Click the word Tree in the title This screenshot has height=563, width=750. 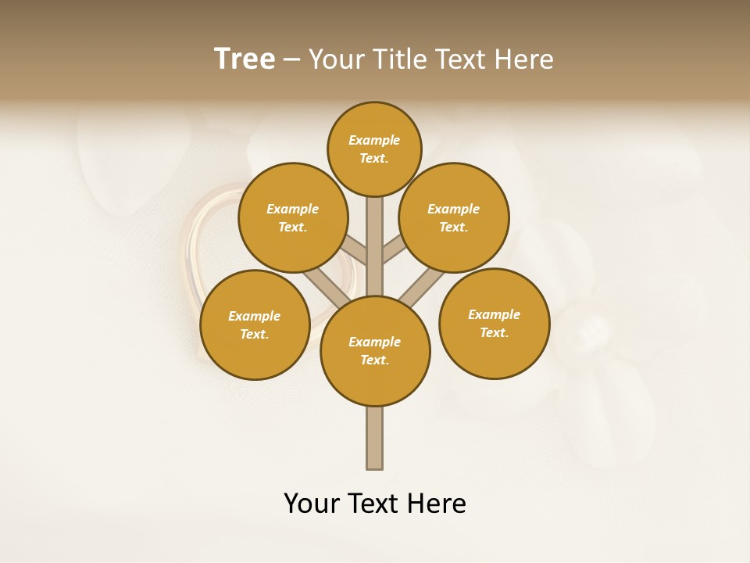click(245, 59)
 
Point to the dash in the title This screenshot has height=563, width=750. click(291, 60)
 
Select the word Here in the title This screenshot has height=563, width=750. click(524, 59)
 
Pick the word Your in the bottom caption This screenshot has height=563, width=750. click(312, 504)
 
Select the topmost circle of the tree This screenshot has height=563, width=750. click(374, 149)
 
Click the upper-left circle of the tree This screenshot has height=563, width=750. click(293, 217)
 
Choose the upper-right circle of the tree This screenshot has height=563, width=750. click(454, 217)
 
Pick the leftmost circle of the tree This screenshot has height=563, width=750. click(255, 325)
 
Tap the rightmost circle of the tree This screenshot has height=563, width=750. click(494, 323)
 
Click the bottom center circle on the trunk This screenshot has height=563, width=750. click(375, 350)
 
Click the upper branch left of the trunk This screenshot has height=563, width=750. click(354, 251)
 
